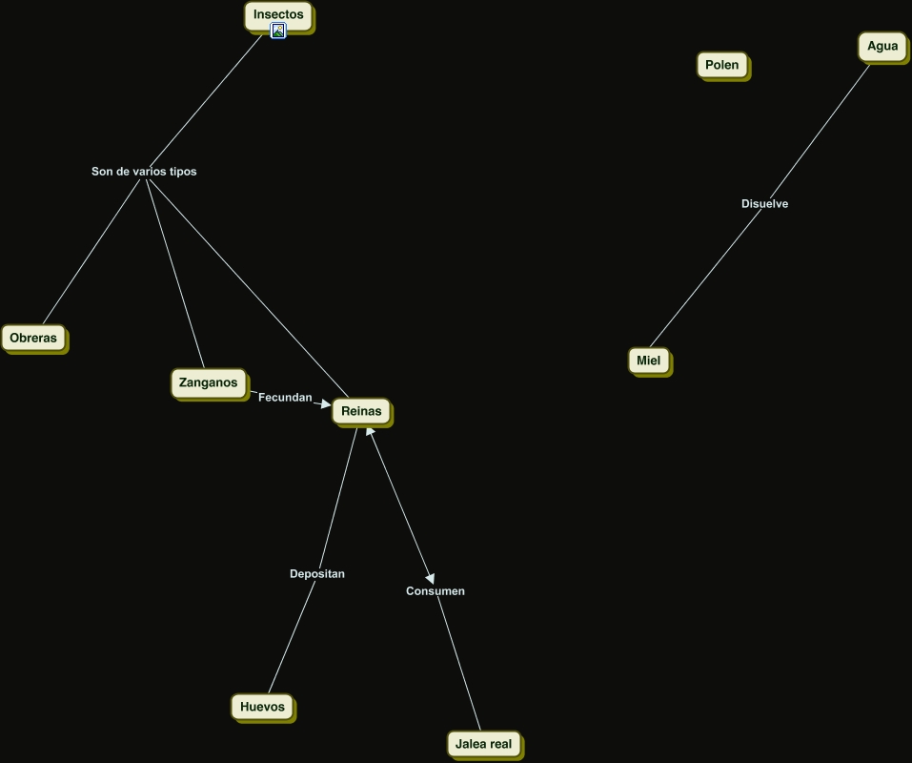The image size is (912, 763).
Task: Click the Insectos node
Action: click(278, 14)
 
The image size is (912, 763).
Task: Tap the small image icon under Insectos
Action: click(278, 31)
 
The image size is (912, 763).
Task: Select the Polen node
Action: click(721, 65)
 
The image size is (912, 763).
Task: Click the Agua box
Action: click(882, 46)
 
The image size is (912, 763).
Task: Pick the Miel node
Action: click(648, 361)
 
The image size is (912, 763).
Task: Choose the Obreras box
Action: click(33, 338)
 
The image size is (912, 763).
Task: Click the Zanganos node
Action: click(208, 382)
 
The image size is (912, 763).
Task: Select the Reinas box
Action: click(360, 411)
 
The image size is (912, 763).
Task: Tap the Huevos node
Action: click(262, 707)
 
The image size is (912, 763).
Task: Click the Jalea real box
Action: click(483, 744)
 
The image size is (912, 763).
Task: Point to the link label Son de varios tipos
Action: click(144, 172)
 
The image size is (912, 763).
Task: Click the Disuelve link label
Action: click(764, 204)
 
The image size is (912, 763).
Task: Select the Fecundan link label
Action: click(285, 397)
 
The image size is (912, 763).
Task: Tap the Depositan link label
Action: click(317, 574)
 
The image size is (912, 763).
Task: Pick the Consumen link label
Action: click(436, 591)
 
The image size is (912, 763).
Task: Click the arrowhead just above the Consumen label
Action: click(430, 578)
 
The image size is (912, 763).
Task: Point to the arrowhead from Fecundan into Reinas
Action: click(326, 404)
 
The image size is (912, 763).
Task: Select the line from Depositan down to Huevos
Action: click(292, 637)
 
